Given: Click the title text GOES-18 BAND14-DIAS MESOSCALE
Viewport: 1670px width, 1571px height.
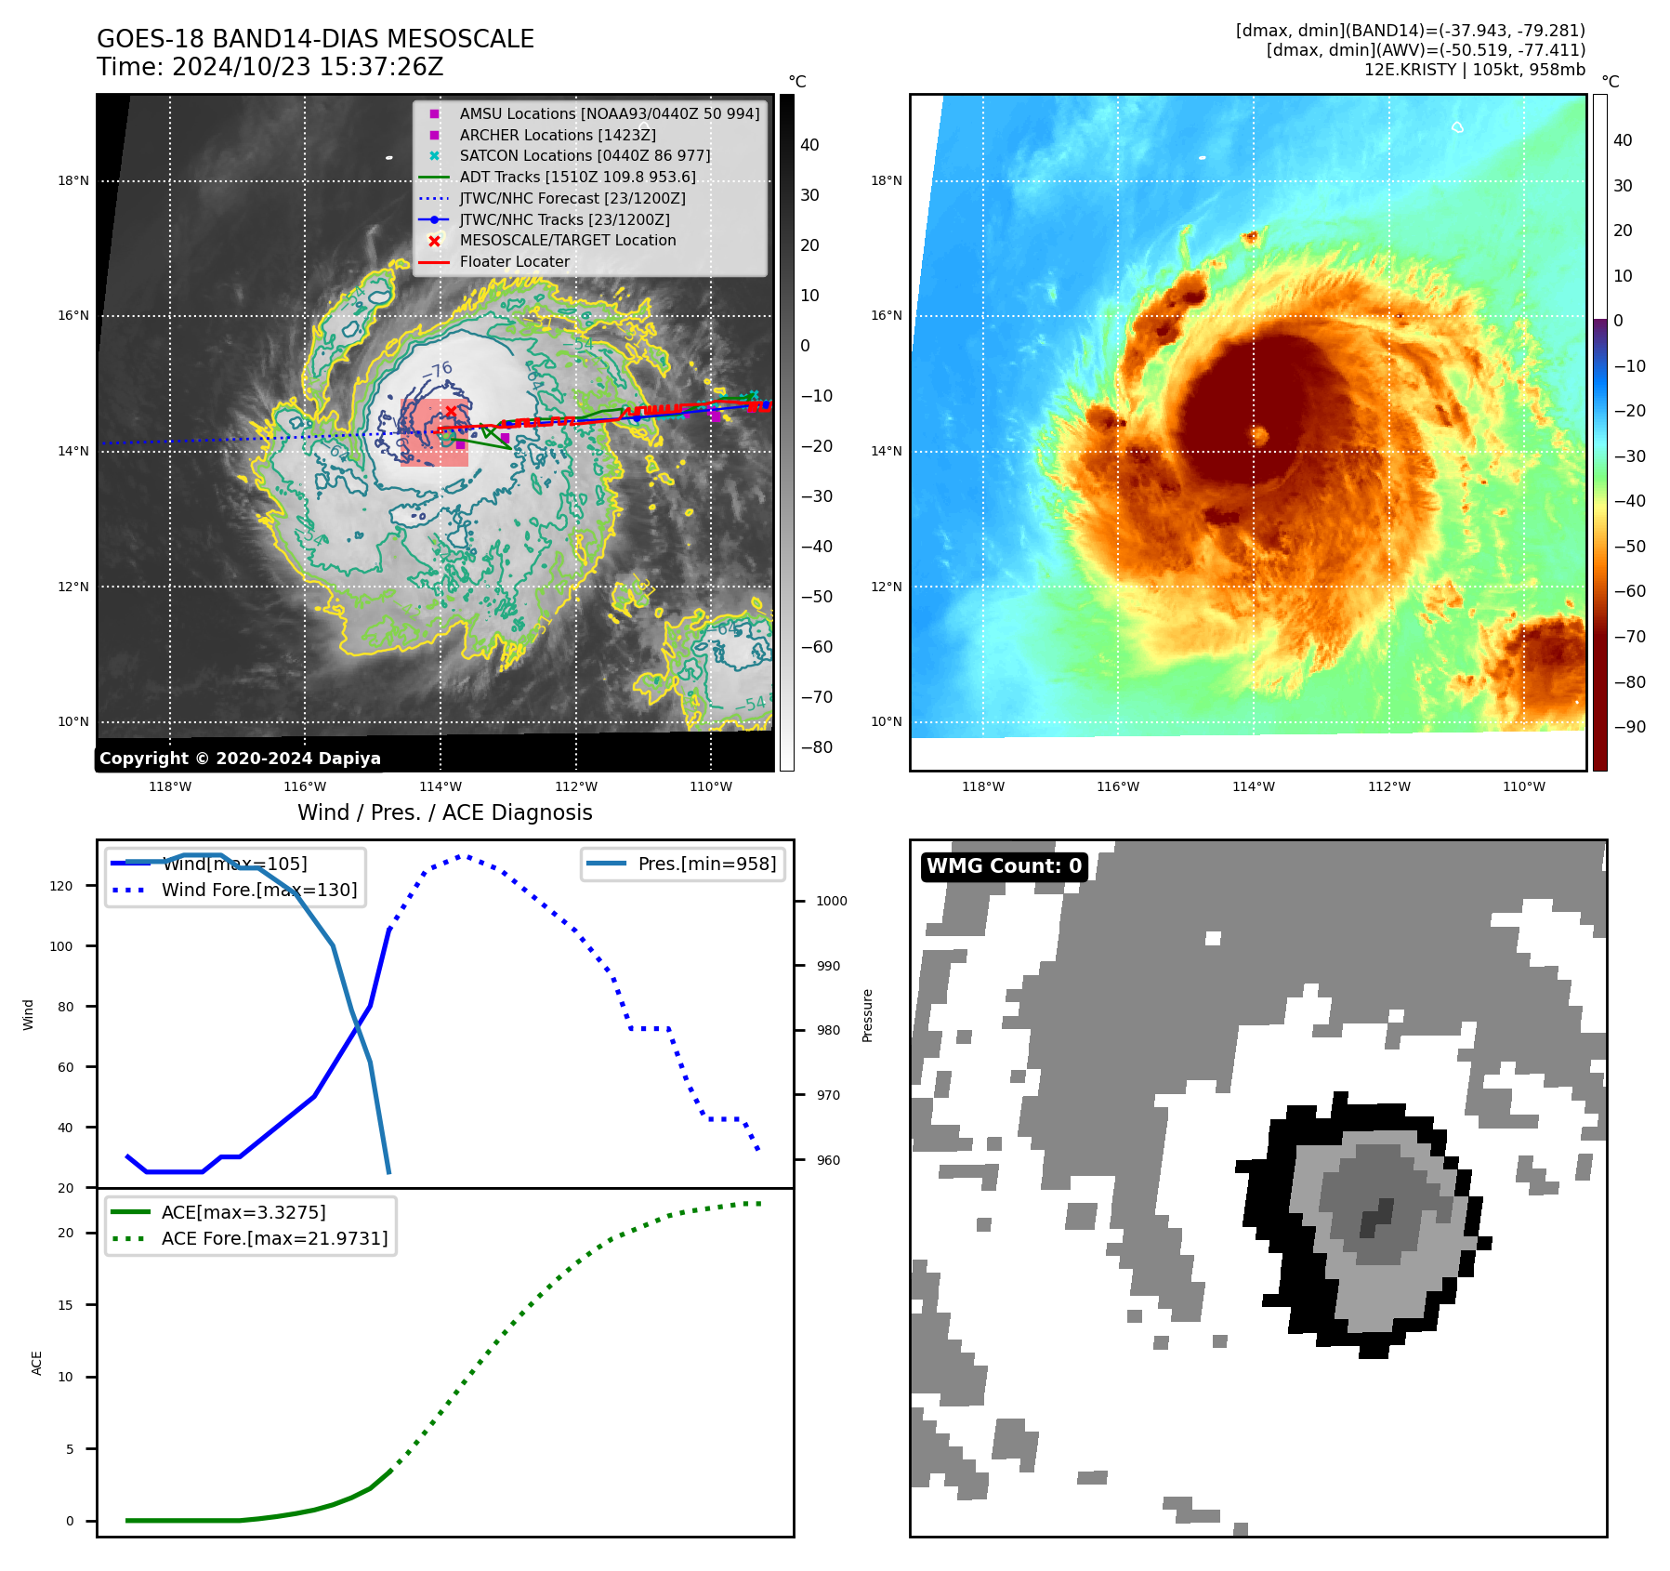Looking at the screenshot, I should pos(315,39).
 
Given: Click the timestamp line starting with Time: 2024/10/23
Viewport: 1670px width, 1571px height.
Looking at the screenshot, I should pos(270,67).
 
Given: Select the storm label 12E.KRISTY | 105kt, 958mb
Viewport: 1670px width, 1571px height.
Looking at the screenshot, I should pos(1474,70).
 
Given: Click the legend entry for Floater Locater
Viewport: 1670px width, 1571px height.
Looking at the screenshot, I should pos(514,262).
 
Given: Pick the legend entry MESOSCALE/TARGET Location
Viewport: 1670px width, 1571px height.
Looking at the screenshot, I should pos(567,241).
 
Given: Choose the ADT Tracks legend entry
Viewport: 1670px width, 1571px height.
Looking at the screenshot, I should pos(576,178).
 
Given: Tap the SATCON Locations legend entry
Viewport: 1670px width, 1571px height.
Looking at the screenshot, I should pos(584,156).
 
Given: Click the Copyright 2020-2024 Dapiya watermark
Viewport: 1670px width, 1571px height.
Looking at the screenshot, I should pos(240,759).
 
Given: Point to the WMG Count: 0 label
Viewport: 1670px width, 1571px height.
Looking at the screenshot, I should pos(1004,866).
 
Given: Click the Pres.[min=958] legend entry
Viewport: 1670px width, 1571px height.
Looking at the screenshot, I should pos(706,864).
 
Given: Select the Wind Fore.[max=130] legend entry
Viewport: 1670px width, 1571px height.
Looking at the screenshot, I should pos(258,890).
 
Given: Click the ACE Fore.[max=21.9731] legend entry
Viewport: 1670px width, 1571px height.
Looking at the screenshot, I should pos(274,1238).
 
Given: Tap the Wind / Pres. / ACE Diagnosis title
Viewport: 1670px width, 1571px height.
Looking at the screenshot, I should pos(444,812).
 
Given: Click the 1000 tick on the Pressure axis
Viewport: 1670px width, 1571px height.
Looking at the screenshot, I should pos(831,901).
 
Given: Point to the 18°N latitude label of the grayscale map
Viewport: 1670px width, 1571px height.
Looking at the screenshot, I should pos(73,180).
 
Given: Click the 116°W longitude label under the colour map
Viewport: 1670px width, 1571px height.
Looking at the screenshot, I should pos(1117,786).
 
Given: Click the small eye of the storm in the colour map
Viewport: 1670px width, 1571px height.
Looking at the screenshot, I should pos(1260,435).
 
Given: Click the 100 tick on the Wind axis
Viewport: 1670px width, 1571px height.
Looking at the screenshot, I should pos(61,946).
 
